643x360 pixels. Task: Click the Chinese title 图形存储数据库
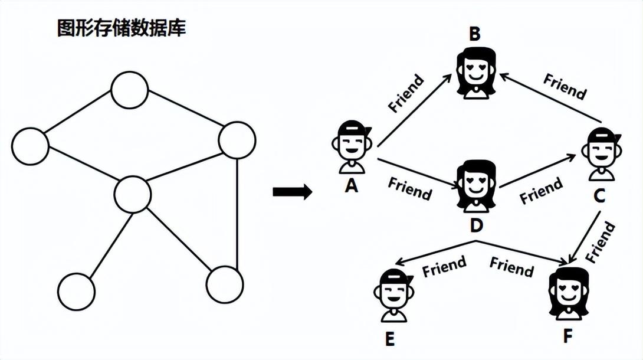click(x=121, y=28)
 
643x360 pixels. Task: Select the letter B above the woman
click(x=475, y=34)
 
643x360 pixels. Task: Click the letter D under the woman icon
click(x=477, y=225)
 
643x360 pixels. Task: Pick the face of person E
click(x=393, y=294)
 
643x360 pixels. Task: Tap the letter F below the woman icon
click(x=567, y=336)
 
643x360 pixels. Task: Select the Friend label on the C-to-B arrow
click(x=565, y=86)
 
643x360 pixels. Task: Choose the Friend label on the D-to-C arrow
click(x=540, y=191)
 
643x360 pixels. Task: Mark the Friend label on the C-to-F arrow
click(x=601, y=242)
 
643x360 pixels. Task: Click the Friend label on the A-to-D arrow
click(x=409, y=188)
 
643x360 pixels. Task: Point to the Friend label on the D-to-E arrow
click(x=444, y=266)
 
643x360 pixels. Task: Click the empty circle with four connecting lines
click(x=133, y=195)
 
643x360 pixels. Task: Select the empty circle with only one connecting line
click(x=77, y=292)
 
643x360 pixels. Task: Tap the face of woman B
click(x=476, y=71)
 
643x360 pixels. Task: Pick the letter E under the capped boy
click(x=389, y=340)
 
